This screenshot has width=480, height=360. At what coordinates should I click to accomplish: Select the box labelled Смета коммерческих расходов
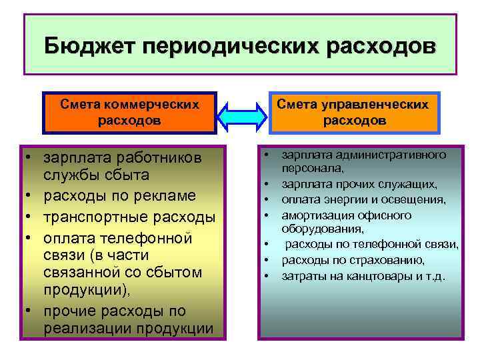(129, 112)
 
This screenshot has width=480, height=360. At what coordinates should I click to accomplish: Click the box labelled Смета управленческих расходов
(353, 112)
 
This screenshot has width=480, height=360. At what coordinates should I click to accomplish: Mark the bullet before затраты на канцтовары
(265, 275)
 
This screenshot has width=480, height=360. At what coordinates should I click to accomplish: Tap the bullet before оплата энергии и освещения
(265, 199)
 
